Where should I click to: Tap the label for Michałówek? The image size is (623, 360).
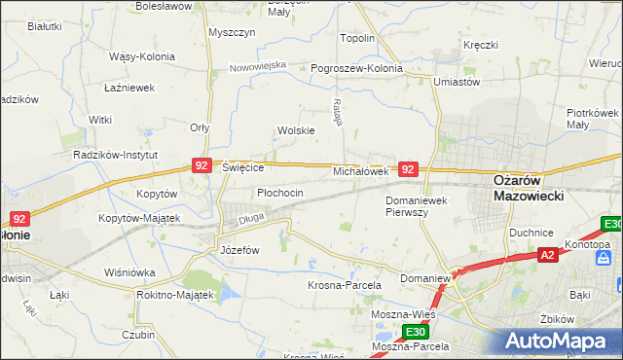coord(361,170)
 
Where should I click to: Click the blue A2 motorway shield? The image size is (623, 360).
coord(549,255)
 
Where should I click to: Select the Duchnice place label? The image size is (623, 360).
coord(531,233)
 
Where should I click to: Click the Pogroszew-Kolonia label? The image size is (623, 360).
coord(356,69)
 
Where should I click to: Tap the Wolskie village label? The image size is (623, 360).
coord(296,130)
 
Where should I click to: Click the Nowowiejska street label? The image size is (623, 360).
coord(258,66)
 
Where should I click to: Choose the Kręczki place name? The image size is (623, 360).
coord(481,45)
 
